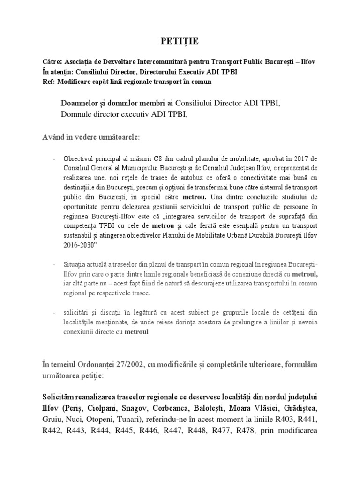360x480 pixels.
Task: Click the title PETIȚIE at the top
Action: pos(180,42)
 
